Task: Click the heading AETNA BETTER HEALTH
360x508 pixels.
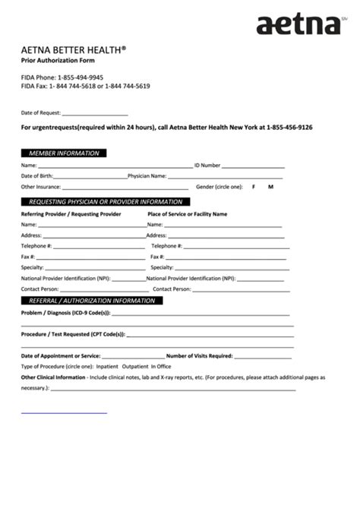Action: (x=73, y=49)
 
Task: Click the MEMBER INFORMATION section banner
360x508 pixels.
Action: (x=64, y=153)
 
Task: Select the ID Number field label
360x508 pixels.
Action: (x=207, y=165)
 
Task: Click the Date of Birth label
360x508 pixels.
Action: (x=36, y=175)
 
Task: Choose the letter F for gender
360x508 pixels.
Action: (x=254, y=187)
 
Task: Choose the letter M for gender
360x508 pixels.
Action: (x=270, y=187)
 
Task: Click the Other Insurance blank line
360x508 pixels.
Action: (x=125, y=188)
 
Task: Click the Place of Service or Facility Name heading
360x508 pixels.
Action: (x=187, y=214)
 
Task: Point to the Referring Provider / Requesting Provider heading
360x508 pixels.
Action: (x=71, y=214)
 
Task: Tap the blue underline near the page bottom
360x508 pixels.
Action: (x=64, y=413)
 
